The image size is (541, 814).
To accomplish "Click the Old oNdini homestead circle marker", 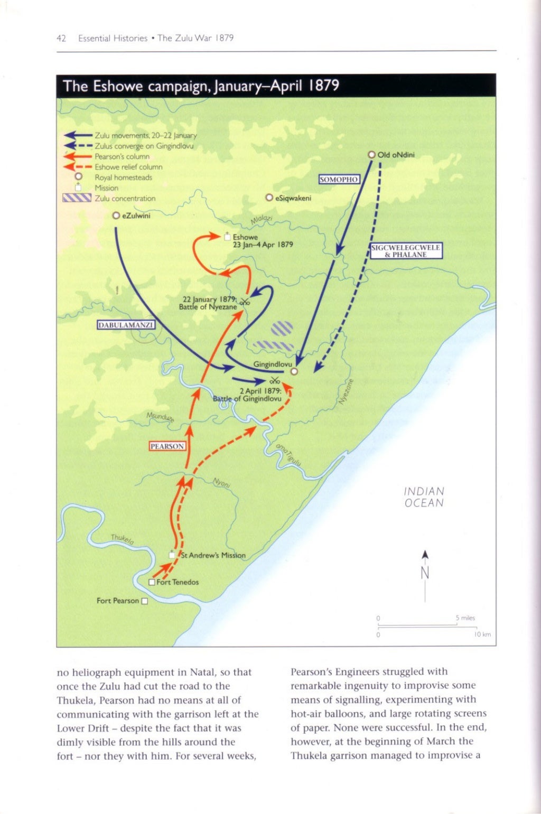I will pos(371,155).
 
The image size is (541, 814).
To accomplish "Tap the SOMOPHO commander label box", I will pos(339,180).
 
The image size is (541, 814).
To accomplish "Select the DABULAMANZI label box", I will pos(126,325).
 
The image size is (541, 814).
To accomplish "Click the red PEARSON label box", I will pos(167,446).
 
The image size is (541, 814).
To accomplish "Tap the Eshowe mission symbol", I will pos(228,236).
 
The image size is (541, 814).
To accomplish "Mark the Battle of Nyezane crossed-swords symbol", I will pos(244,302).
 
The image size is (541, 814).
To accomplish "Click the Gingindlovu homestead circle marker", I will pos(295,371).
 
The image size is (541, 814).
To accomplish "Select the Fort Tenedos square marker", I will pos(152,582).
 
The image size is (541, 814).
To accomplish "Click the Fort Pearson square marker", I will pos(145,601).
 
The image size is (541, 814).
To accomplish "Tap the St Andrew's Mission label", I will pos(213,555).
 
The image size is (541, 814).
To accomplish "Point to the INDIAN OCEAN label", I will pos(424,497).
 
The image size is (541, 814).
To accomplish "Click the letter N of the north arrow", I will pos(425,573).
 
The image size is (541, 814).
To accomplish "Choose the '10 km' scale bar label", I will pos(483,634).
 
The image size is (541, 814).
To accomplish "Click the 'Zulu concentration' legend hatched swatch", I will pos(77,198).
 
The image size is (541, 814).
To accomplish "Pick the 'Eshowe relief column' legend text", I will pos(128,167).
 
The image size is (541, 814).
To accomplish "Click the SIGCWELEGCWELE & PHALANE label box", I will pos(406,251).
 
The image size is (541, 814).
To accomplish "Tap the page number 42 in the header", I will pos(61,38).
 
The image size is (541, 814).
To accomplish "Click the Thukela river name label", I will pos(122,539).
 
